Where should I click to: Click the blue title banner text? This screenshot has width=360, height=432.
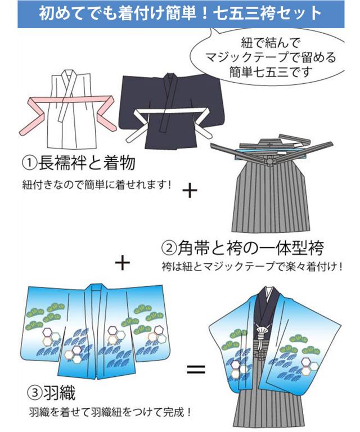[181, 13]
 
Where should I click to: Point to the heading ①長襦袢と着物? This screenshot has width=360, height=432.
[79, 163]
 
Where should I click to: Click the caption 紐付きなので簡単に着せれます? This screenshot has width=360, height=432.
[97, 184]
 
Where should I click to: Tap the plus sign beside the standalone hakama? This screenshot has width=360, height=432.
[190, 191]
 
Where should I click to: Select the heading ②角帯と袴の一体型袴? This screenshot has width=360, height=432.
[242, 248]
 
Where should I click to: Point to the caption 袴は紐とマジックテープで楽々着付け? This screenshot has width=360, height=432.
[252, 267]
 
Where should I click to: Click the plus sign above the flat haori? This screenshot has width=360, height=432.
[122, 263]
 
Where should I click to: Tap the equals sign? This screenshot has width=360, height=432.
[196, 369]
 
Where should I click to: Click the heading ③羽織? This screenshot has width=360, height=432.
[52, 393]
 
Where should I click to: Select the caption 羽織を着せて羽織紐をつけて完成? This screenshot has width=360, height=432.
[110, 412]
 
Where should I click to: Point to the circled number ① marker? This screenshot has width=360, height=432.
[29, 163]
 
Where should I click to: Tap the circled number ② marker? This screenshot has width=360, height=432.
[169, 249]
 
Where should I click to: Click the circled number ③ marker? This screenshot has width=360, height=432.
[35, 393]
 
